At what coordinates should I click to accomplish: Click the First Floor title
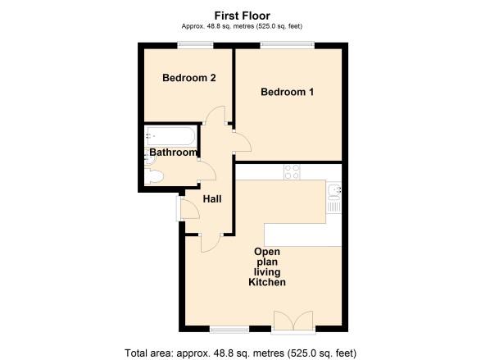[243, 16]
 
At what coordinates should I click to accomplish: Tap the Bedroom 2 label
[189, 78]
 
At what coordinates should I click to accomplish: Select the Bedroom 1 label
[287, 92]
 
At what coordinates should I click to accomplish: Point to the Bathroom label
[174, 153]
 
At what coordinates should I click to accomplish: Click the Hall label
[212, 199]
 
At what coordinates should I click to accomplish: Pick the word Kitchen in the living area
[267, 282]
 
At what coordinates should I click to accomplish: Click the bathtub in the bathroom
[170, 136]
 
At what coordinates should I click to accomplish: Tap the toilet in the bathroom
[154, 176]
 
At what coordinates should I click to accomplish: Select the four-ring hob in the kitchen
[292, 172]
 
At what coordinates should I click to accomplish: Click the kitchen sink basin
[334, 191]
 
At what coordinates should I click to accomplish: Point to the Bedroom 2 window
[195, 46]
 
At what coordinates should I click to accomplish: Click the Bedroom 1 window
[288, 46]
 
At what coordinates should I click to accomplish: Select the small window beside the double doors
[229, 330]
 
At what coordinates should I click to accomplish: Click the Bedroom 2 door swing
[216, 115]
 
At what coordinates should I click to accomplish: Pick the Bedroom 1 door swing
[243, 142]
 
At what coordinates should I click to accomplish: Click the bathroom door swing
[207, 170]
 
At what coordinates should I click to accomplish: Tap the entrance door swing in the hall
[190, 208]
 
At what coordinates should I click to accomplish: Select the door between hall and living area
[211, 243]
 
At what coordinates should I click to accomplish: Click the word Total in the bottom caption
[136, 353]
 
